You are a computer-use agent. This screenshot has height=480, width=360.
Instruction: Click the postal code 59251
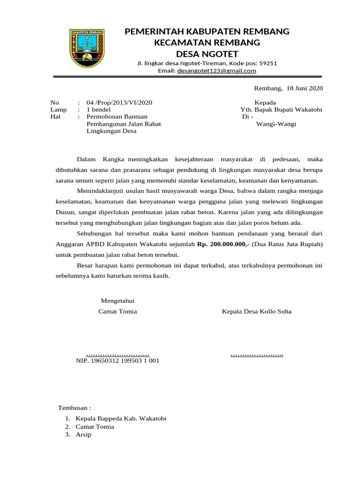[268, 63]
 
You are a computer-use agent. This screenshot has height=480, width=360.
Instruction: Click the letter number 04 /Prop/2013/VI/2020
[119, 103]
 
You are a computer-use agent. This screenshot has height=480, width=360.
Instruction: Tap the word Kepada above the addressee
[265, 103]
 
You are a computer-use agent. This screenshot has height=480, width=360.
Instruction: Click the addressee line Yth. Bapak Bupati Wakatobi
[281, 110]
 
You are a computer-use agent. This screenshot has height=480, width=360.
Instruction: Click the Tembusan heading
[74, 407]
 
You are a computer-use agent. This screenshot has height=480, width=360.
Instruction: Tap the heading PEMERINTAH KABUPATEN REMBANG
[207, 32]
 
